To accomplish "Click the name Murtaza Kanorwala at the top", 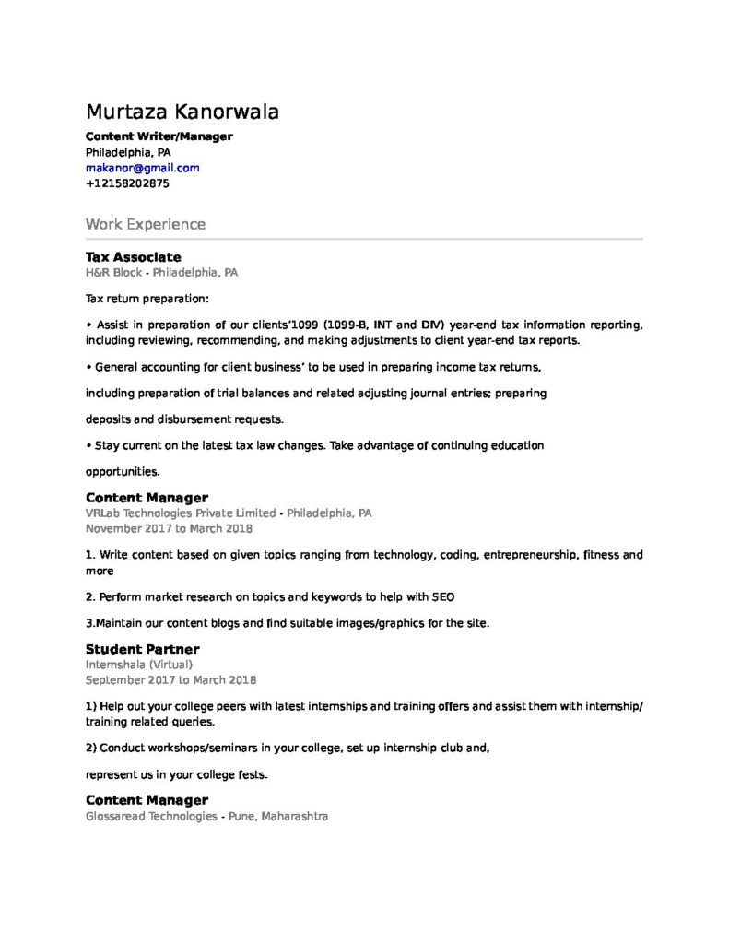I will tap(182, 112).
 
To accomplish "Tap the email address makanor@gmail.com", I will tap(142, 168).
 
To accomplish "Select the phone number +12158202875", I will tap(127, 183).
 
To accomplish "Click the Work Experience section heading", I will tap(145, 224).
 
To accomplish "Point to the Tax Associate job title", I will tap(133, 257).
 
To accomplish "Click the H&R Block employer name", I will tap(114, 273).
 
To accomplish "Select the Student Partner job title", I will tap(142, 649).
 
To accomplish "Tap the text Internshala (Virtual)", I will tap(139, 664).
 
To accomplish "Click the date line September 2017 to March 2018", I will tap(170, 680).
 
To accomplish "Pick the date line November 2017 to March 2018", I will tap(169, 529).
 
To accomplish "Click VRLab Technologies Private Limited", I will tap(181, 513).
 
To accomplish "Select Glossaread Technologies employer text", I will tap(151, 817).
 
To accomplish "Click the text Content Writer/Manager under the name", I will tap(159, 136).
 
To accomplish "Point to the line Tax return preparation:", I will tap(147, 299).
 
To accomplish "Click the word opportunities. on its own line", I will tap(123, 471).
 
